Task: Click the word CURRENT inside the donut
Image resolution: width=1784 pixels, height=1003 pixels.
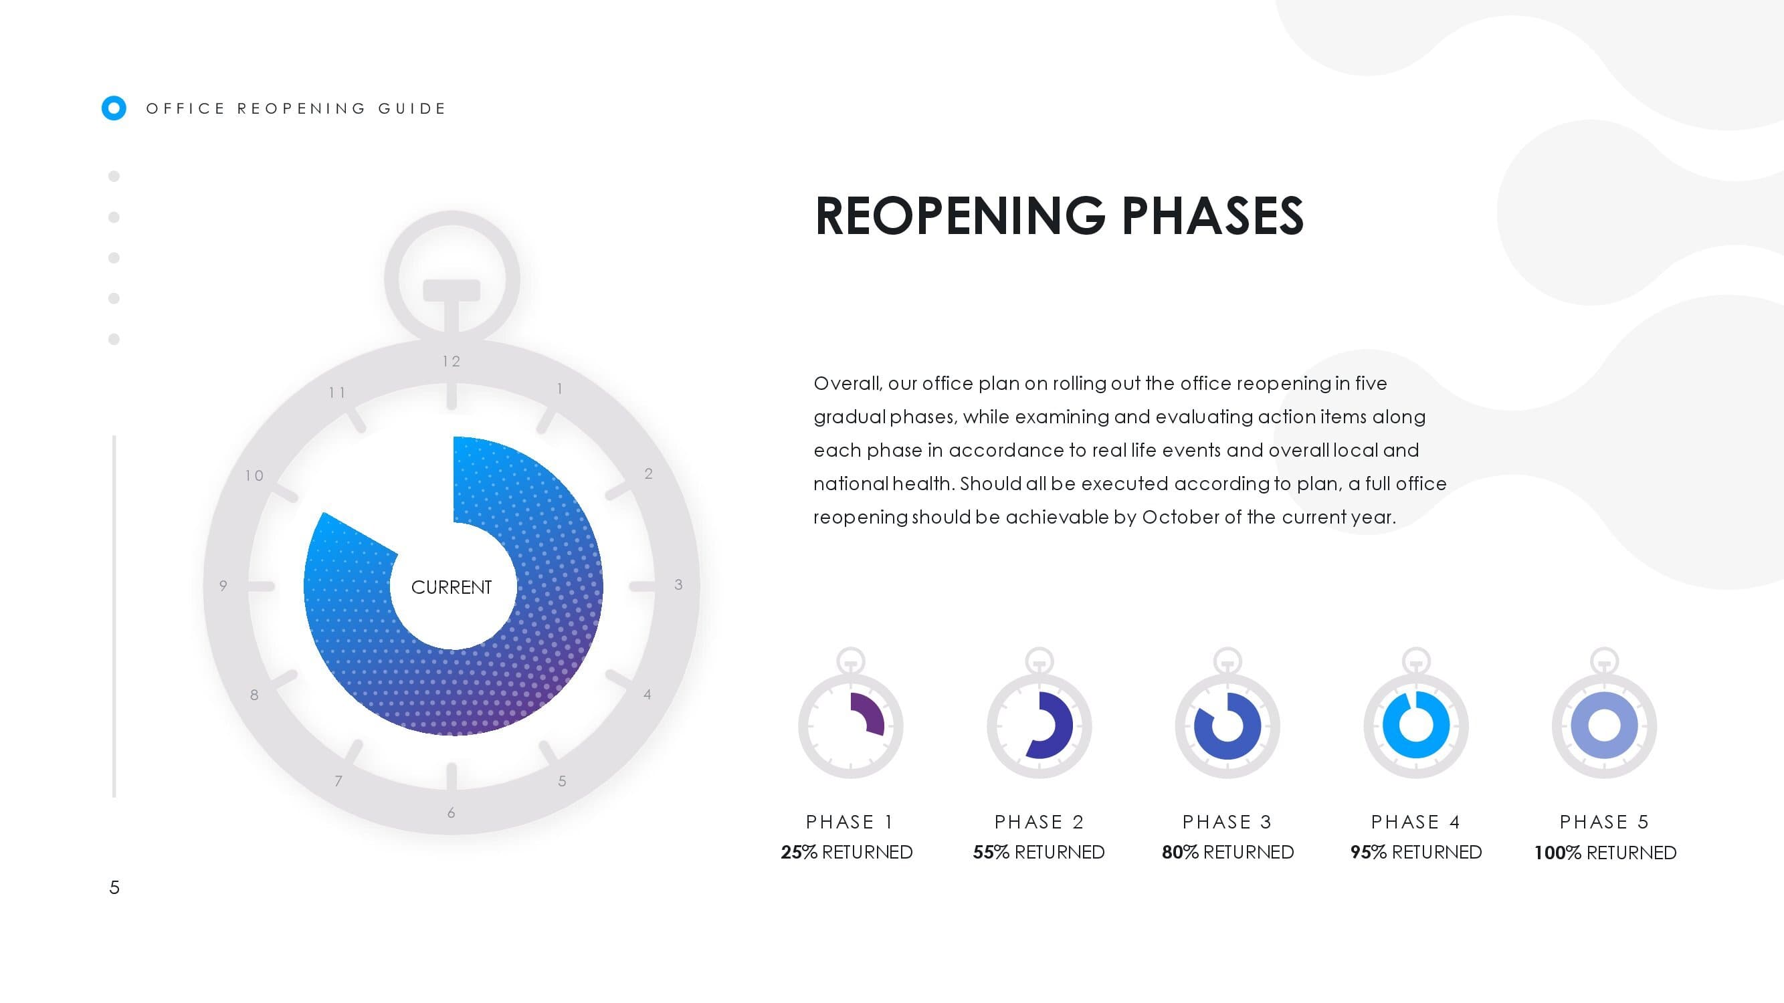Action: tap(451, 587)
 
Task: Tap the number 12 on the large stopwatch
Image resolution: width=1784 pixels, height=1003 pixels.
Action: tap(452, 361)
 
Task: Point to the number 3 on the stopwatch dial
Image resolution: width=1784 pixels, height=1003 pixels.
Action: tap(679, 585)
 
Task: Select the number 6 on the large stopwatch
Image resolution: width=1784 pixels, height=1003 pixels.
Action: tap(451, 812)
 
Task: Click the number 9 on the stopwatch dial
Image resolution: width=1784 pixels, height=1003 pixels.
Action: tap(223, 586)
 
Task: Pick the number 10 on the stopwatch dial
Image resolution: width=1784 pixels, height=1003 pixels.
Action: tap(254, 475)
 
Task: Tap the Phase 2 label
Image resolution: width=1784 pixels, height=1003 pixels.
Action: tap(1039, 822)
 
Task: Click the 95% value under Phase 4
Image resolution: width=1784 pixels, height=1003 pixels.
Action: tap(1369, 852)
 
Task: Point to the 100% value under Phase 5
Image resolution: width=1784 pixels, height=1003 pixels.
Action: tap(1557, 853)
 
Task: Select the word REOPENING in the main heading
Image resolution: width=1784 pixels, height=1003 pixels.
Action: tap(961, 216)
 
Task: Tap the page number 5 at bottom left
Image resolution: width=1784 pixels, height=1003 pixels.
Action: tap(114, 887)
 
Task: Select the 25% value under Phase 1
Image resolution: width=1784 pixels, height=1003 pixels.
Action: tap(799, 852)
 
